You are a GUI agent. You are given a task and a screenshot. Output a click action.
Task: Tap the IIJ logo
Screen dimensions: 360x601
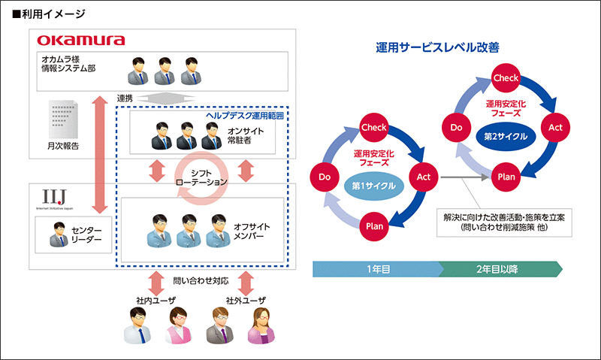pos(51,197)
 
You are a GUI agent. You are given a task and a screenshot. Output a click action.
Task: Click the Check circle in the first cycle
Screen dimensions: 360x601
pos(374,127)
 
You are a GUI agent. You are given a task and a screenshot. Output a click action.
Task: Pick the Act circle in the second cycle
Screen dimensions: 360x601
pos(555,127)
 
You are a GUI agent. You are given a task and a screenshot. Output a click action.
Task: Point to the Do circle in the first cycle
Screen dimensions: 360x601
pos(325,177)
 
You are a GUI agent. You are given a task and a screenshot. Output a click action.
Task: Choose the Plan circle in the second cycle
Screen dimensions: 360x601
pos(506,177)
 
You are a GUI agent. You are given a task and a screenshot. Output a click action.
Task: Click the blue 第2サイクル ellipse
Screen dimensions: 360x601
pos(506,137)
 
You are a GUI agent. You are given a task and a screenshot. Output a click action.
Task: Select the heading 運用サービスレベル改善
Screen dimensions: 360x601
pos(438,47)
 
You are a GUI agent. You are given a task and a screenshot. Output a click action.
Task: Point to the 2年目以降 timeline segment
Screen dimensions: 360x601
pos(500,268)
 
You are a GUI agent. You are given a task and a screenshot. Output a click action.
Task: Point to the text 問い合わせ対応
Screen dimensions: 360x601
pos(199,282)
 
